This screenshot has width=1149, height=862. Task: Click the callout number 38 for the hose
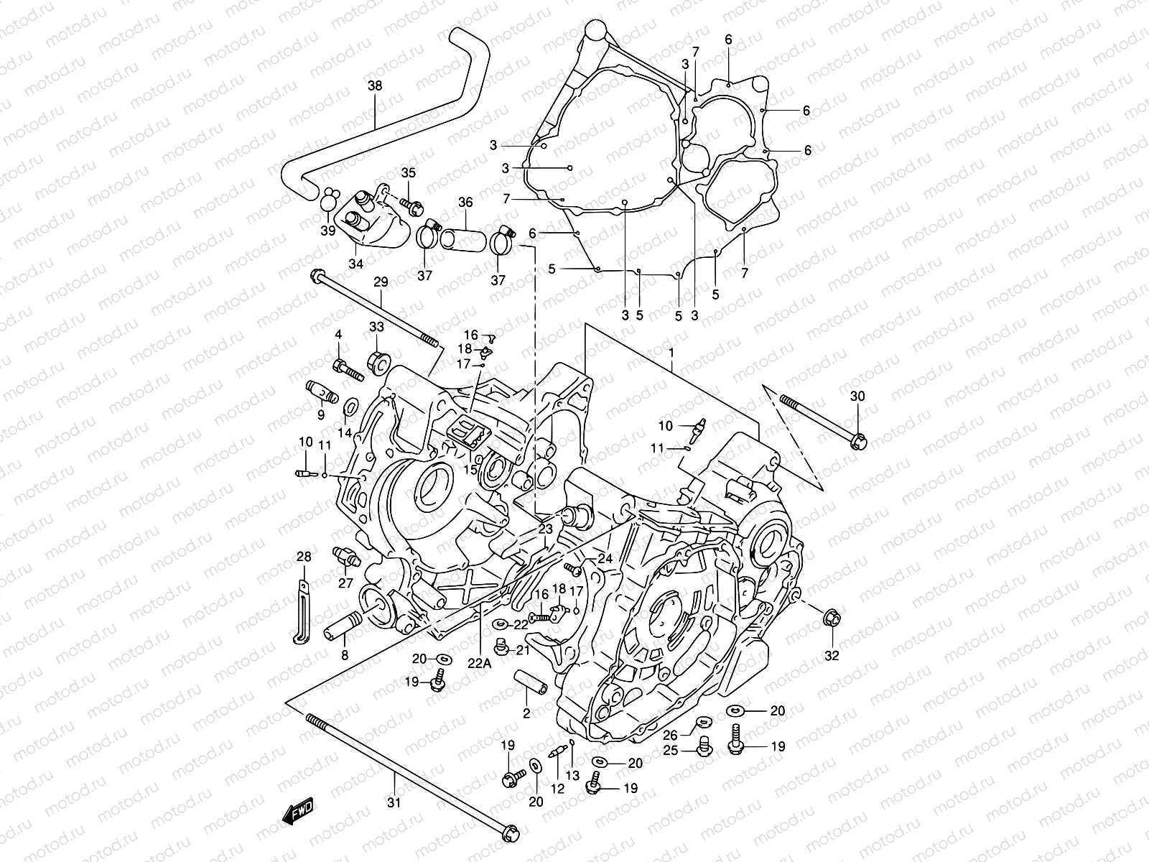pyautogui.click(x=375, y=86)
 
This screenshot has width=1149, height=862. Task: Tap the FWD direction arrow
pyautogui.click(x=297, y=813)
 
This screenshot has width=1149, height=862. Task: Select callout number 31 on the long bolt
pyautogui.click(x=395, y=802)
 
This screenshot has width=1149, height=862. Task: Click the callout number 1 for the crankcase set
pyautogui.click(x=671, y=354)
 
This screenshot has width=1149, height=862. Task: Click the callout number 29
pyautogui.click(x=380, y=282)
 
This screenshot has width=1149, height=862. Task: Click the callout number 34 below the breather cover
pyautogui.click(x=356, y=264)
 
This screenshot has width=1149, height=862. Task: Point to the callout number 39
pyautogui.click(x=327, y=231)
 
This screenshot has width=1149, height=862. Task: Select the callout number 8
pyautogui.click(x=345, y=655)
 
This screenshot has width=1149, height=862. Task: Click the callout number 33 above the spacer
pyautogui.click(x=376, y=327)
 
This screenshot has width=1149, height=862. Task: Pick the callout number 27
pyautogui.click(x=346, y=583)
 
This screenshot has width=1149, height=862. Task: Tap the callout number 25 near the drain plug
pyautogui.click(x=669, y=750)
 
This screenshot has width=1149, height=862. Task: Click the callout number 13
pyautogui.click(x=572, y=775)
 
